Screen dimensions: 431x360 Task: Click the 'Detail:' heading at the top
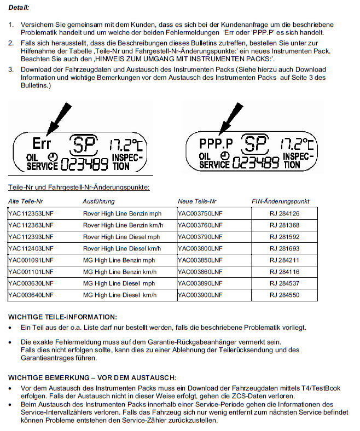(x=19, y=8)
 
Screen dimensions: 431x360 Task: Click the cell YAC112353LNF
(x=31, y=213)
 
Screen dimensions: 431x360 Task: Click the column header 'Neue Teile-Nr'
(x=197, y=201)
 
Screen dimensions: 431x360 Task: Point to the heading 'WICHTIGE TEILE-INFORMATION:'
(x=62, y=317)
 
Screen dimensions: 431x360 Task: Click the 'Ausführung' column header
(x=98, y=201)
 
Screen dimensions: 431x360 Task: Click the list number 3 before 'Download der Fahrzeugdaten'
(x=10, y=69)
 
